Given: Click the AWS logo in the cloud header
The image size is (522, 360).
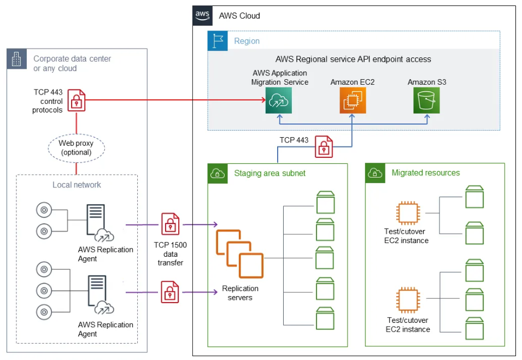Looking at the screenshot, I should pyautogui.click(x=202, y=15).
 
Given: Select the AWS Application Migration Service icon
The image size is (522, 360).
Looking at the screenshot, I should pyautogui.click(x=279, y=100).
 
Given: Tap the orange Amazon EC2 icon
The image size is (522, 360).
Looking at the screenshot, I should pyautogui.click(x=351, y=100).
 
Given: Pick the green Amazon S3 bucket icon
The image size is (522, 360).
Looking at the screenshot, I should pyautogui.click(x=426, y=100).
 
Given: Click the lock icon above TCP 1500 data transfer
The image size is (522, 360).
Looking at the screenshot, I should pyautogui.click(x=170, y=224).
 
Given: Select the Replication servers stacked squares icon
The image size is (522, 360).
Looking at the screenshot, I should pyautogui.click(x=239, y=254).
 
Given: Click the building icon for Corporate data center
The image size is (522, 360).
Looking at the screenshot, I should pyautogui.click(x=16, y=60).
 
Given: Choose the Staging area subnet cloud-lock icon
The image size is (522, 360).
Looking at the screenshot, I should pyautogui.click(x=218, y=173).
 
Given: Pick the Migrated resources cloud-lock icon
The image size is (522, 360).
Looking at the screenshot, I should pyautogui.click(x=376, y=173).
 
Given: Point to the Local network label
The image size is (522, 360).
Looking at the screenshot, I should pyautogui.click(x=77, y=185).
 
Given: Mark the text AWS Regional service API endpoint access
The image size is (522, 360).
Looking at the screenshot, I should pyautogui.click(x=353, y=59).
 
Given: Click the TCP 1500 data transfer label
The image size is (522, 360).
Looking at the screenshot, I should pyautogui.click(x=169, y=253).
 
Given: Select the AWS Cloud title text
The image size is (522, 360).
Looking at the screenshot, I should pyautogui.click(x=239, y=16).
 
